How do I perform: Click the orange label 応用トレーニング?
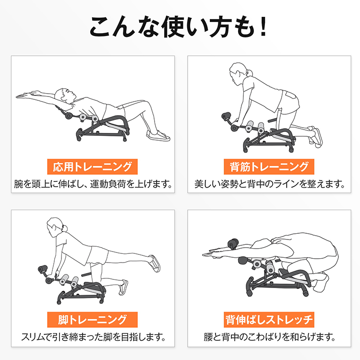click(92, 167)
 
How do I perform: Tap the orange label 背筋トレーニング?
click(269, 167)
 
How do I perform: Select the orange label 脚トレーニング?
click(92, 320)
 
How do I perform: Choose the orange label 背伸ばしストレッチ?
click(269, 320)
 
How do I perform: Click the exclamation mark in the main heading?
click(264, 26)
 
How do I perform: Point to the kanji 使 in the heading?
click(173, 26)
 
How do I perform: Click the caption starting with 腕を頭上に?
click(93, 184)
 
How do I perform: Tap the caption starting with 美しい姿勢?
click(269, 184)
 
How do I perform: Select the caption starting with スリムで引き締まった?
click(93, 337)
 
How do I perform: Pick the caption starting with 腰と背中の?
click(269, 337)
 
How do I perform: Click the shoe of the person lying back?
click(158, 136)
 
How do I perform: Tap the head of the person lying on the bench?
click(65, 96)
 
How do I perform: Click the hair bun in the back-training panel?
click(249, 72)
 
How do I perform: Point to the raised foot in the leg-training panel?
click(155, 264)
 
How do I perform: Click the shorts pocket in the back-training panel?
click(290, 96)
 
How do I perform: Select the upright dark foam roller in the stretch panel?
click(233, 244)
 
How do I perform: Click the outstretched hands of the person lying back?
click(26, 95)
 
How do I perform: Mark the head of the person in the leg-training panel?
click(55, 227)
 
